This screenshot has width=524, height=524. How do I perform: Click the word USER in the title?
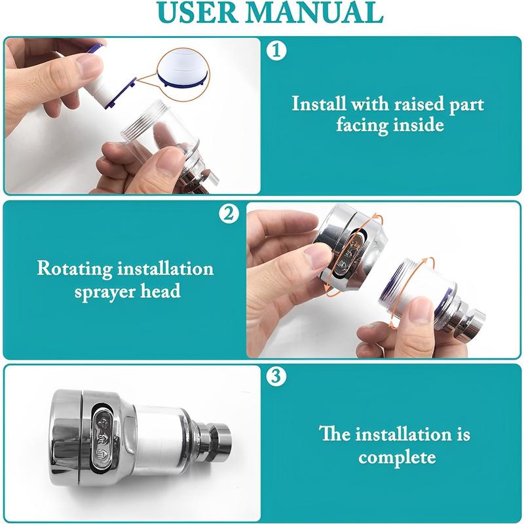point(198,12)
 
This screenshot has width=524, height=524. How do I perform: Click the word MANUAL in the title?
point(316,12)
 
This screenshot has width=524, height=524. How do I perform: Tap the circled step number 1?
point(276,51)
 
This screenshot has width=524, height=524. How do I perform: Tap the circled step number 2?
point(229,214)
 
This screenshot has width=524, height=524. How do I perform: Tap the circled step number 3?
point(276,376)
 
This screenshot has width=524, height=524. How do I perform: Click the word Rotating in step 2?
point(74,269)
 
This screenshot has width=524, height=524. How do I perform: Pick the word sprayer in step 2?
point(104,291)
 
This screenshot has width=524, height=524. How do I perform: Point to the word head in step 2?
point(160,290)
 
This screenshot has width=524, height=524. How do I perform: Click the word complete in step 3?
point(397,457)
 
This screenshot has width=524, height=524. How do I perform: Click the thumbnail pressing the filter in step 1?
point(88,65)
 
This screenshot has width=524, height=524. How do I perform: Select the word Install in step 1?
point(319,103)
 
